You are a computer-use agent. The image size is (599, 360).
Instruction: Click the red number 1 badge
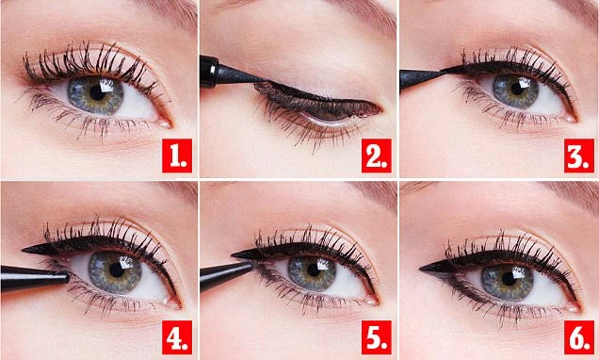pos(175,154)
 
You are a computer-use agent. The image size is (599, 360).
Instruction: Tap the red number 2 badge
pos(376,154)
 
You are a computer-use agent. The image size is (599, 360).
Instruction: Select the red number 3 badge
pos(574,154)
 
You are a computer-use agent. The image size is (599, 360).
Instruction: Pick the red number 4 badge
pos(175,335)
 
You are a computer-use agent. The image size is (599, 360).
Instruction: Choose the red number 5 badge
pos(376,335)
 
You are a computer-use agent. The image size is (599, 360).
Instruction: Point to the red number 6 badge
pos(574,335)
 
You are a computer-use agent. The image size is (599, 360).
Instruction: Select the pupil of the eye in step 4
pos(117,270)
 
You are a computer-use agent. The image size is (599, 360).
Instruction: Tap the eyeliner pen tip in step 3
pos(435,71)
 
